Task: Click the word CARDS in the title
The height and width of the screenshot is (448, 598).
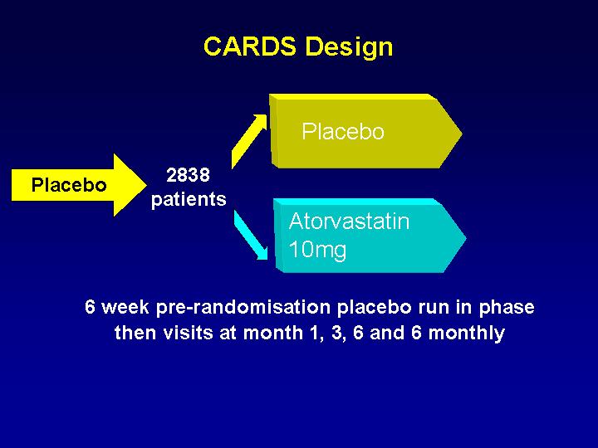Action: point(250,46)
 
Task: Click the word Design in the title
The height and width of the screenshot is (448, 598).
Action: point(349,48)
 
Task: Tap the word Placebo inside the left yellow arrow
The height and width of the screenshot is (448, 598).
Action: point(69,185)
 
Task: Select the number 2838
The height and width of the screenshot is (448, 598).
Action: point(188,175)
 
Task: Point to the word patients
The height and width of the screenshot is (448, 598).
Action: point(189,199)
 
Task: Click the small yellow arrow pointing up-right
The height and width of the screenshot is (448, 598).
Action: point(249,141)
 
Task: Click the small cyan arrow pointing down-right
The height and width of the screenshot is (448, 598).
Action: point(251,235)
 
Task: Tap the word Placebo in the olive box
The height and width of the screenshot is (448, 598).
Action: point(343,131)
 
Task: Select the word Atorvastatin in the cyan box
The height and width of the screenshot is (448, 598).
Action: point(349,222)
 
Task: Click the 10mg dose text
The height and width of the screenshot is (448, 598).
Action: point(317,251)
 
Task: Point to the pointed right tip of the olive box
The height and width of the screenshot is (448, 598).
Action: point(462,134)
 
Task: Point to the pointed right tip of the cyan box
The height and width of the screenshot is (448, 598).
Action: point(466,238)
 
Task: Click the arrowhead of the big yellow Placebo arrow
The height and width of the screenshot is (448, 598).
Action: point(130,185)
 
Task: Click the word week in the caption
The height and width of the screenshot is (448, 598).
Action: point(125,307)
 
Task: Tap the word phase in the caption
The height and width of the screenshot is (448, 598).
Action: point(507,308)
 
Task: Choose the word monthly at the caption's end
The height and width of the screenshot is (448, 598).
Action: point(466,334)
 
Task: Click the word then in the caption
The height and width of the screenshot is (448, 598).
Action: point(135,333)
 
